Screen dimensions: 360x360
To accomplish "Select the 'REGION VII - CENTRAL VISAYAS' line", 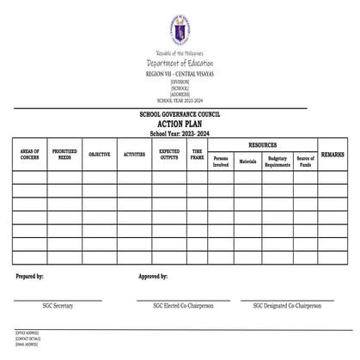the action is click(x=180, y=75).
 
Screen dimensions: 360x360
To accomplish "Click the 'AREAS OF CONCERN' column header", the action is click(x=29, y=154).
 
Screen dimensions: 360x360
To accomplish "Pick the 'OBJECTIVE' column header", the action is click(x=99, y=155).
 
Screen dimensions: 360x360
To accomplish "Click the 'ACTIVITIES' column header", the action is click(x=134, y=155).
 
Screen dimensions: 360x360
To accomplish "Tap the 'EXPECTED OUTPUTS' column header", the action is click(x=169, y=154).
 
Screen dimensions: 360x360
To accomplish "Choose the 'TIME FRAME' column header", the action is click(x=197, y=154).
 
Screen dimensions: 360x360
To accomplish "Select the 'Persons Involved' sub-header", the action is click(x=221, y=162).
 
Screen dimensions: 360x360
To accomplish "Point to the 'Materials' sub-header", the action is click(x=247, y=161).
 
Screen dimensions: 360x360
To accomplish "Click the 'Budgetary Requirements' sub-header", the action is click(x=278, y=162).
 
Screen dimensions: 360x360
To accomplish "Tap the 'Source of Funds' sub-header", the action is click(x=305, y=162).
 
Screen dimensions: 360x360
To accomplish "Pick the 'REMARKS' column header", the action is click(x=333, y=154).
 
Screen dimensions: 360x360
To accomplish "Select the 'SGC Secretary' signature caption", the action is click(x=58, y=305).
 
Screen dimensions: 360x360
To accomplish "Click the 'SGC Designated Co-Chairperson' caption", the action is click(x=293, y=305).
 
